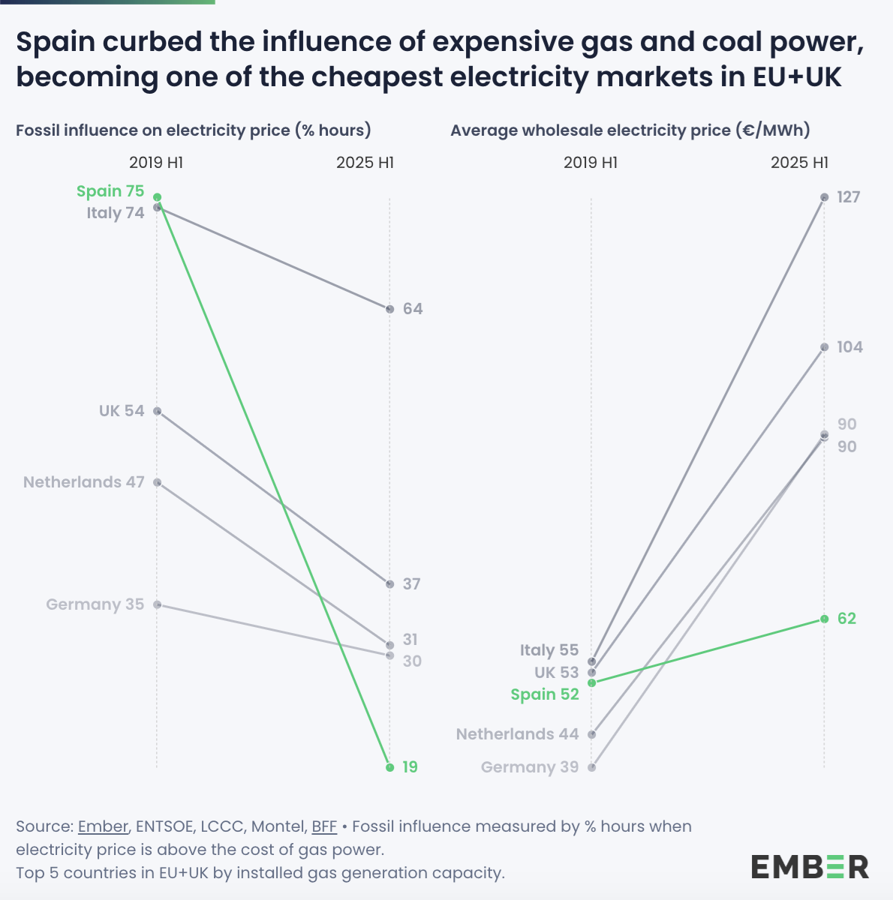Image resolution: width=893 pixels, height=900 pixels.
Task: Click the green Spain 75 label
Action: coord(110,191)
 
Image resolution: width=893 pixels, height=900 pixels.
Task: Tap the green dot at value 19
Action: coord(389,767)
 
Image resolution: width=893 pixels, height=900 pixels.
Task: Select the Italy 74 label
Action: coord(115,213)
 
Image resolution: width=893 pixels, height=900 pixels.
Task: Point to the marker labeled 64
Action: coord(389,309)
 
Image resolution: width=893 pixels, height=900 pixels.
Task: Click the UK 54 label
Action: coord(121,411)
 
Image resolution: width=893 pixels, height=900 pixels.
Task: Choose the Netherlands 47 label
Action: coord(83,482)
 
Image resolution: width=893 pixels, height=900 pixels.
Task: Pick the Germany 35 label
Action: coord(95,604)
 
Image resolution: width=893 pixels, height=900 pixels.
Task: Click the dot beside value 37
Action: coord(389,584)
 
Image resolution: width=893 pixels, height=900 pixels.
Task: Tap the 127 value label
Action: coord(848,197)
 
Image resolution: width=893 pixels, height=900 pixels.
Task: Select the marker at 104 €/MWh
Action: coord(824,347)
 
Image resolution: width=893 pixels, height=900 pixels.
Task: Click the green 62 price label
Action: coord(846,619)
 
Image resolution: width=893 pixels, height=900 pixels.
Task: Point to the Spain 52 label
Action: coord(545,694)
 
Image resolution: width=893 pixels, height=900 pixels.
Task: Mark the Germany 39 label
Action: coord(529,767)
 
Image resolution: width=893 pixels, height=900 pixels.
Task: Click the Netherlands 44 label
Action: coord(517,734)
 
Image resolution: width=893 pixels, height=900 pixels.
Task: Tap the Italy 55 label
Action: coord(549,650)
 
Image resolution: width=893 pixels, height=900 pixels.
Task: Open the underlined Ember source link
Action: coord(103,826)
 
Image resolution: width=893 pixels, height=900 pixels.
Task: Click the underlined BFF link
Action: coord(324,826)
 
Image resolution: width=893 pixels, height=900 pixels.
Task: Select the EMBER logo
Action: coord(810,866)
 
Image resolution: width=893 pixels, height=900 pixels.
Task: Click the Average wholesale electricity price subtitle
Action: coord(630,130)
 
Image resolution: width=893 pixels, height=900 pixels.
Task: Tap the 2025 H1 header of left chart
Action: coord(365,163)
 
